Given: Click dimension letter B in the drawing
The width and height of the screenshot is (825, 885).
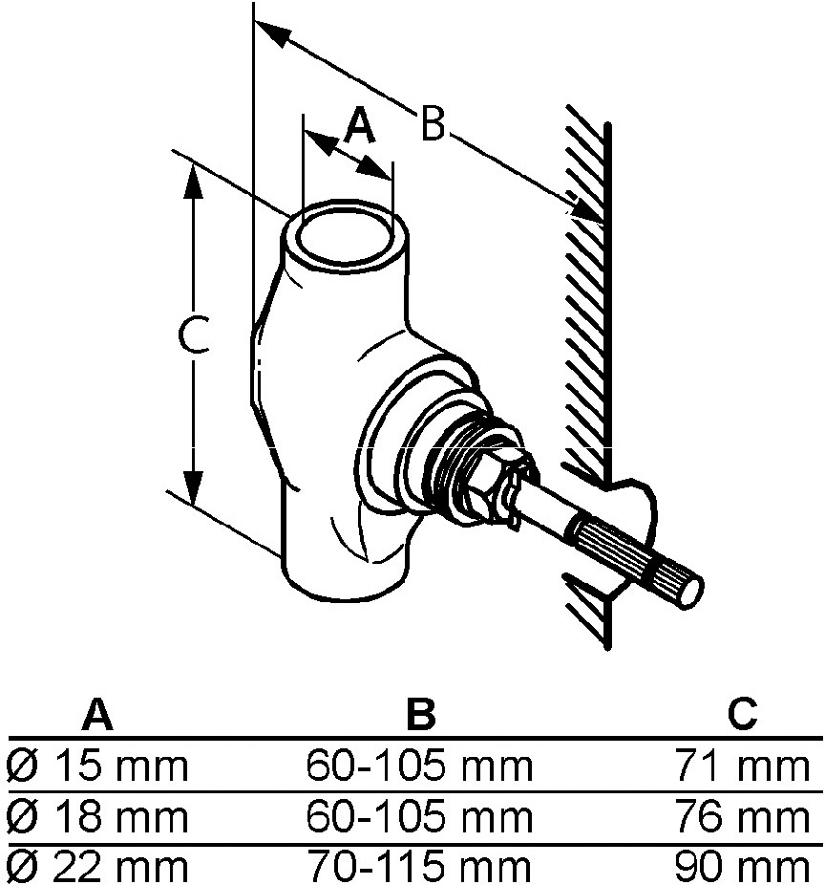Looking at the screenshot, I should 433,124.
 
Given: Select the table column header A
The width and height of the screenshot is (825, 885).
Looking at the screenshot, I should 96,714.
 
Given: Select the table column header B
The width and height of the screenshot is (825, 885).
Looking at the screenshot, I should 419,714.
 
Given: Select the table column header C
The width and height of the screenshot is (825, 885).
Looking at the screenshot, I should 742,714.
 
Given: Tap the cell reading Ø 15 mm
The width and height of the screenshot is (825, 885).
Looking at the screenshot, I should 96,766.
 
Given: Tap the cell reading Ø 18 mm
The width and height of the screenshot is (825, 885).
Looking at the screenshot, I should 96,817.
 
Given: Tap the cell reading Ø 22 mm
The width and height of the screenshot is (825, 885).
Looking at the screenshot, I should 96,867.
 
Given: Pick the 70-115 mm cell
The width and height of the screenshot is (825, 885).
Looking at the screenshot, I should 419,867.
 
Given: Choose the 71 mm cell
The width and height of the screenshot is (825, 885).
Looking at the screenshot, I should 742,766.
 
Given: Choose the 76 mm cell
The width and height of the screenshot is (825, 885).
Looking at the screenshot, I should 742,817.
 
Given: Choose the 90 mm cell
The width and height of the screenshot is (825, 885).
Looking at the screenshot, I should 742,867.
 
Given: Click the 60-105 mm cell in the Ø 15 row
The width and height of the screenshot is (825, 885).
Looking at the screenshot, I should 419,766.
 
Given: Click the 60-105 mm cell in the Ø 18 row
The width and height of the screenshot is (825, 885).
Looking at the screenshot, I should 419,817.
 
